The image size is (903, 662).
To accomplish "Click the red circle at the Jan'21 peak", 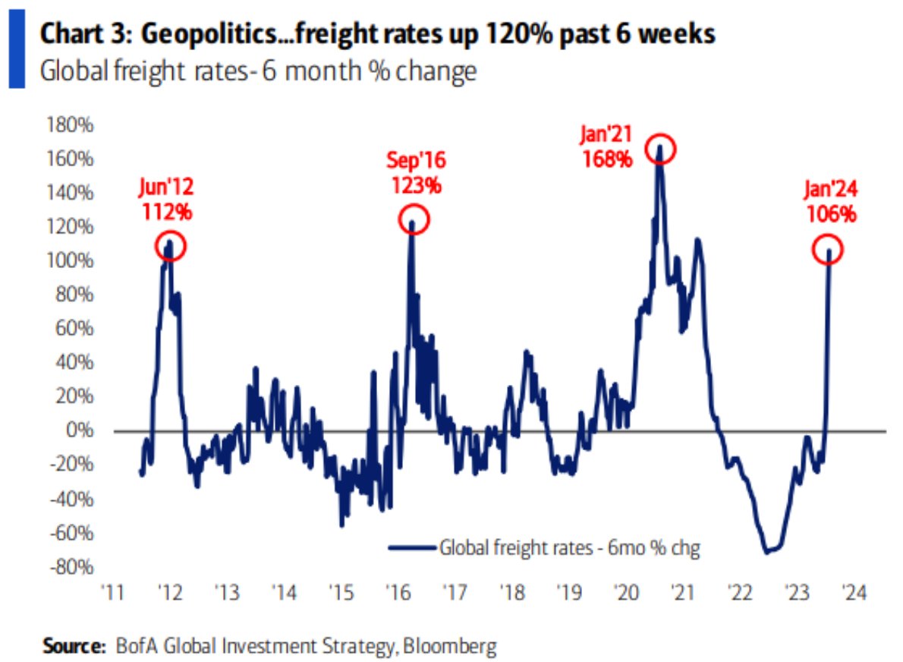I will tap(659, 150).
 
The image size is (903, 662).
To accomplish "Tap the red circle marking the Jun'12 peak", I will tap(170, 246).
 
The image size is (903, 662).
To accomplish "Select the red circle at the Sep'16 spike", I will tap(414, 220).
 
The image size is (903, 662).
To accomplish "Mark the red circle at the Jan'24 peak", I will tap(828, 251).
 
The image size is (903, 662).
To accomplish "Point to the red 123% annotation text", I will tap(415, 184).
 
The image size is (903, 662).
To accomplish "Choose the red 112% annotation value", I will tap(166, 212).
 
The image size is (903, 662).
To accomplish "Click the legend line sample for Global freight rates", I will tap(412, 547).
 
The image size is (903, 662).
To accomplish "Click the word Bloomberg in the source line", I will tap(452, 646).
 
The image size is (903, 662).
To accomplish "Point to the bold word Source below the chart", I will tap(71, 646).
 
